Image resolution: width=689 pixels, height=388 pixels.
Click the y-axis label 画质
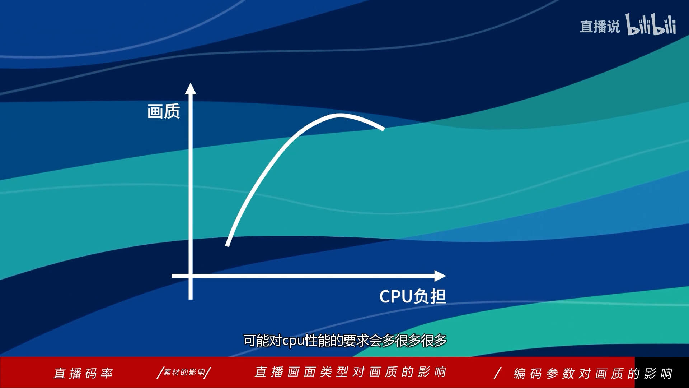[x=164, y=111]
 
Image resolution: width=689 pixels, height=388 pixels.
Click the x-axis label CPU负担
[x=413, y=297]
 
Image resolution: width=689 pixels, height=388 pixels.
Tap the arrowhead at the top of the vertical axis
[x=191, y=88]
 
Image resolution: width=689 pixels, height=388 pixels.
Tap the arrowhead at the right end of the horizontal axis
[x=440, y=276]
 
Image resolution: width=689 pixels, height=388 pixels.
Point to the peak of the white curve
[x=339, y=115]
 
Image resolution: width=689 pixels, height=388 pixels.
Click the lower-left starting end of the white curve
[x=227, y=245]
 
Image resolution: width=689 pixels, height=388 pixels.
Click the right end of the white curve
[x=383, y=128]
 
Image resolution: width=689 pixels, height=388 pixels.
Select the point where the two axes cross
[x=191, y=276]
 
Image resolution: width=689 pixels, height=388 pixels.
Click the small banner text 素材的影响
[x=184, y=372]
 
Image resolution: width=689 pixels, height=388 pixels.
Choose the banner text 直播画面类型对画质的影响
[x=350, y=372]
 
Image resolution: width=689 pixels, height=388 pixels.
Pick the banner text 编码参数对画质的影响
[x=593, y=374]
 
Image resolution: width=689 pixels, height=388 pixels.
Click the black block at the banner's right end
[x=662, y=373]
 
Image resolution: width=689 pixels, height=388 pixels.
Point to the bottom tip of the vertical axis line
[x=191, y=299]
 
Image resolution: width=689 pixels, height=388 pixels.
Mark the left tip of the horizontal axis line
[x=173, y=276]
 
